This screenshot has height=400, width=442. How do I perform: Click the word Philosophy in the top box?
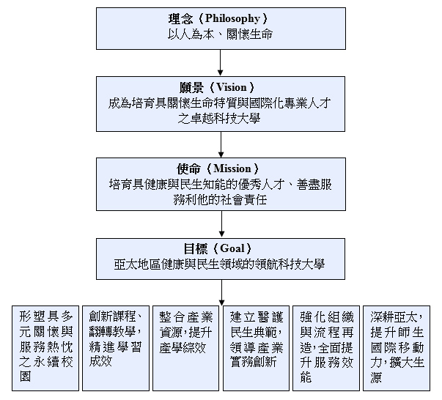pos(232,19)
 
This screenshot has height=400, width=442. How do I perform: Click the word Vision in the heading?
pos(231,87)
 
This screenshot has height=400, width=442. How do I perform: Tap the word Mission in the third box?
pos(232,168)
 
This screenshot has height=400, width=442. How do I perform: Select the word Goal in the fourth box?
pos(232,248)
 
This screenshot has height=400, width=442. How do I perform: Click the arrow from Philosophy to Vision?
pos(221,63)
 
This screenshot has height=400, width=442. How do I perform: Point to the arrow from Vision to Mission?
pos(221,144)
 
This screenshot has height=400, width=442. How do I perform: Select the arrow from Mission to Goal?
pos(221,224)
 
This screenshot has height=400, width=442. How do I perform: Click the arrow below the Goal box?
pos(221,292)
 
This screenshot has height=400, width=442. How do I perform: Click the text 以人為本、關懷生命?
pos(220,34)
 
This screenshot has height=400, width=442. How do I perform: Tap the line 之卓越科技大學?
pos(218,119)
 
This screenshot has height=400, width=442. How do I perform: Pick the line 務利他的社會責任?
pos(220,200)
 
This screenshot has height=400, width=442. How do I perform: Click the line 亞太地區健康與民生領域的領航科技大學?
pos(219,264)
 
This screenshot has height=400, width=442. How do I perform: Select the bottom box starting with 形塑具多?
pos(45,348)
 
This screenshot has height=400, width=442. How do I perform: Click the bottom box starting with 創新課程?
pos(116,348)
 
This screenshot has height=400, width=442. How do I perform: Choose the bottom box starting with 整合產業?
pos(185,348)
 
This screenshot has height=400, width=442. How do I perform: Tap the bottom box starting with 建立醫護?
pos(256,348)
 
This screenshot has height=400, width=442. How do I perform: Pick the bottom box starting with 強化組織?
pos(326,348)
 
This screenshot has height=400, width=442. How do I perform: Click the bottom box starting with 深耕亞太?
pos(397,348)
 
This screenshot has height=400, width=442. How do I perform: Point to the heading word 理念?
pos(180,19)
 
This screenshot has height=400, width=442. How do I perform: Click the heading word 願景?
pos(192,87)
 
